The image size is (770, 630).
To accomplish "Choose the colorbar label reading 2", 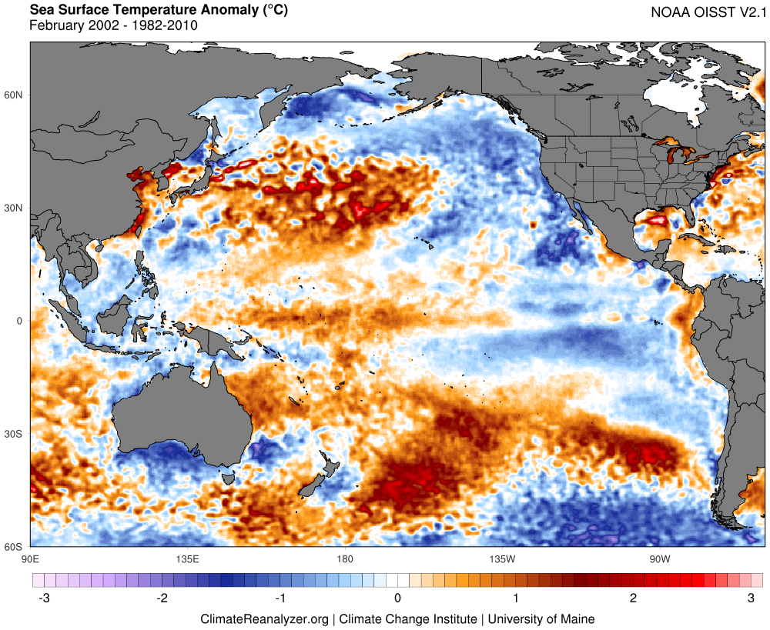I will click(633, 598).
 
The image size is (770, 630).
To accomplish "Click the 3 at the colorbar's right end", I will click(751, 598).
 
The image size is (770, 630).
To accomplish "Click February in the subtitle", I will click(55, 25).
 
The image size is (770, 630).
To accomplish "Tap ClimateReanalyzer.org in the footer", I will click(264, 618).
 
